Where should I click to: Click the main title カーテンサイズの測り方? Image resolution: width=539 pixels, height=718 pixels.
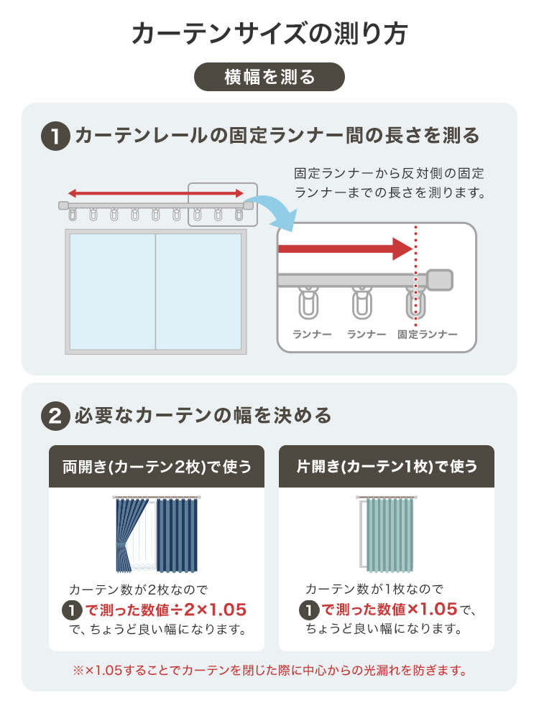(269, 34)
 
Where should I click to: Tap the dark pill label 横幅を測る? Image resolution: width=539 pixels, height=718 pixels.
(269, 77)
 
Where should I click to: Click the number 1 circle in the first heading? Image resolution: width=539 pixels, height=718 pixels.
(55, 136)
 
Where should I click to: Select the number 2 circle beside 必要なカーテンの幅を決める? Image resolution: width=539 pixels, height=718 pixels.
(55, 416)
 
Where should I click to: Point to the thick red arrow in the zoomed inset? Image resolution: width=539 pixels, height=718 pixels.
(346, 249)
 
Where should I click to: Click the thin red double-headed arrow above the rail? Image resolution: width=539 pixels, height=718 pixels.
(156, 193)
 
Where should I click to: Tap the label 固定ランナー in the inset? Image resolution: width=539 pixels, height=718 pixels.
(427, 335)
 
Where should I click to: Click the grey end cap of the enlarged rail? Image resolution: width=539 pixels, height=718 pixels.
(440, 280)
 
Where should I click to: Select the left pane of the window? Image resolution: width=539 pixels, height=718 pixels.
(113, 292)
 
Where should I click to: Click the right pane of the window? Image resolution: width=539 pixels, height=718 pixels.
(198, 292)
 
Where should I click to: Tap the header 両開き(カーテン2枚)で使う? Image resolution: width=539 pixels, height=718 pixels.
(157, 467)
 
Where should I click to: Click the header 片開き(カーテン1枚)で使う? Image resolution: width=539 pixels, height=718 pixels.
(387, 467)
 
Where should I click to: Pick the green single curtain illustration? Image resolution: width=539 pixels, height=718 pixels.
(390, 535)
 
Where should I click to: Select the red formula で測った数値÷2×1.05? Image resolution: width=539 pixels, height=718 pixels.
(166, 610)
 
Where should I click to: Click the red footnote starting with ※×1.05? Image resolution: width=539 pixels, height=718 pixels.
(269, 671)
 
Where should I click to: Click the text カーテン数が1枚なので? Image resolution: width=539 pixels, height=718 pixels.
(374, 589)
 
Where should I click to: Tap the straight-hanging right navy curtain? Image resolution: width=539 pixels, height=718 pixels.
(178, 535)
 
